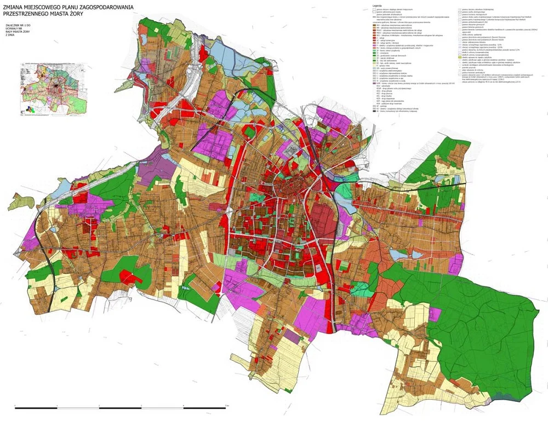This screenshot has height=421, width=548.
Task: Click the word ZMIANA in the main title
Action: [14, 7]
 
